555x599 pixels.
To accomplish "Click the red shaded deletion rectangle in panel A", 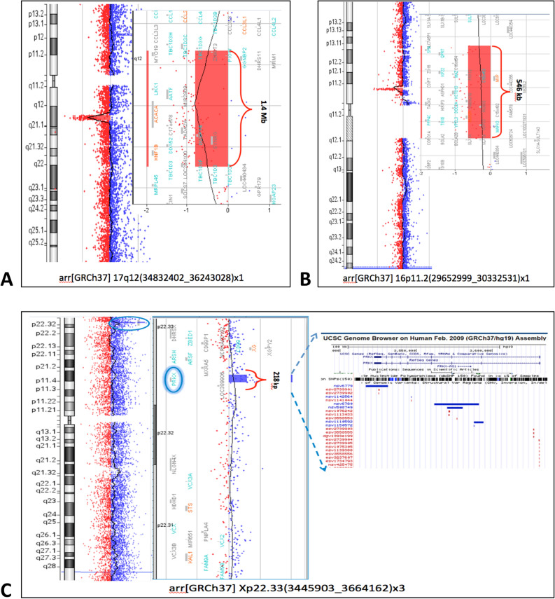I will tap(211, 105).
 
